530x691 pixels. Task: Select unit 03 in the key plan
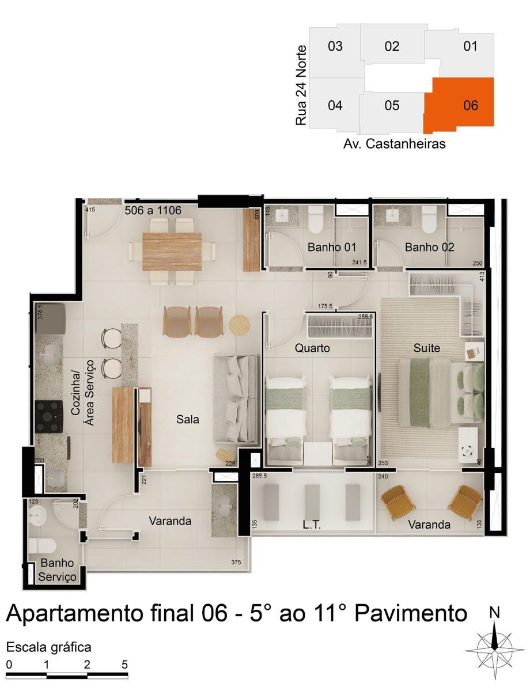335,46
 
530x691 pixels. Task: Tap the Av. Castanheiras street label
394,144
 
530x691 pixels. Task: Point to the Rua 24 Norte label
301,86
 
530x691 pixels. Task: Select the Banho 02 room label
429,248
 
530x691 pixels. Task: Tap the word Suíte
427,348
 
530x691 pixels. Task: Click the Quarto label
312,348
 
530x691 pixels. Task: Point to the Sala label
188,420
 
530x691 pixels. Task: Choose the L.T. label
312,525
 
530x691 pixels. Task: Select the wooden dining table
172,251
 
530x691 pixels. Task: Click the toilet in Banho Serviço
42,545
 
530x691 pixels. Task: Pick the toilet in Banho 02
429,218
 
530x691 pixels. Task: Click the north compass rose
494,649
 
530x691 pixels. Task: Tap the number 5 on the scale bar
124,664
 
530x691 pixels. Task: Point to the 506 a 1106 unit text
153,211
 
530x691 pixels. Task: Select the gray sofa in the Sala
236,398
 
